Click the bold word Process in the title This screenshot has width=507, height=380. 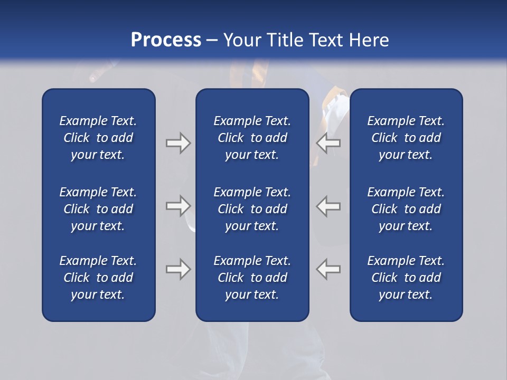[x=166, y=40]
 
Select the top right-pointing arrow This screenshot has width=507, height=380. [x=178, y=143]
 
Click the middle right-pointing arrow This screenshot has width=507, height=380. [x=178, y=206]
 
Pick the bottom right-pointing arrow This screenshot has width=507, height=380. [x=178, y=269]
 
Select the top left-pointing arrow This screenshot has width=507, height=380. [x=328, y=143]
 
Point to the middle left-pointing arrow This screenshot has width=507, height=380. [x=328, y=206]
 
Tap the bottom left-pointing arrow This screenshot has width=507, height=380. [x=328, y=269]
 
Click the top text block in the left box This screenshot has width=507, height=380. [x=98, y=138]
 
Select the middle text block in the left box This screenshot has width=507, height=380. [x=98, y=209]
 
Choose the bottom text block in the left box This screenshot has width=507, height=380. [x=98, y=278]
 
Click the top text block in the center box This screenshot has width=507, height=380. [x=252, y=138]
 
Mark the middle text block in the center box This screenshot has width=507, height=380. [x=252, y=209]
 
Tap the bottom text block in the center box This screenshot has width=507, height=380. [x=252, y=278]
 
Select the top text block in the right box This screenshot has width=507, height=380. [x=406, y=138]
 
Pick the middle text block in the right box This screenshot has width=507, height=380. [x=406, y=209]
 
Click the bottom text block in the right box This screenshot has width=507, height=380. [x=406, y=278]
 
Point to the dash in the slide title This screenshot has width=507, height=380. [x=212, y=41]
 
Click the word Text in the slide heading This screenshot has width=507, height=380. [x=327, y=40]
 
